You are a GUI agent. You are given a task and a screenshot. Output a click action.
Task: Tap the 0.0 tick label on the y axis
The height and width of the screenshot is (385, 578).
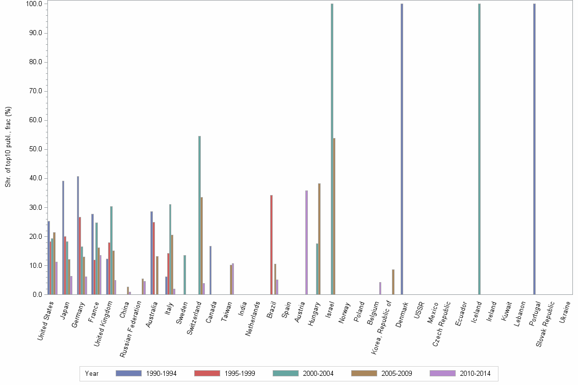pyautogui.click(x=37, y=295)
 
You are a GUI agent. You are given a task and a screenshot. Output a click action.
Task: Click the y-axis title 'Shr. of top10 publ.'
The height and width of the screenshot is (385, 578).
pyautogui.click(x=8, y=147)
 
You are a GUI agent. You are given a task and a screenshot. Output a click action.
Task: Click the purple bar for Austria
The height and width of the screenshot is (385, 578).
pyautogui.click(x=306, y=242)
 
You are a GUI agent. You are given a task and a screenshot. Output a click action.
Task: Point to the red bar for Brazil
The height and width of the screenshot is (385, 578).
pyautogui.click(x=271, y=244)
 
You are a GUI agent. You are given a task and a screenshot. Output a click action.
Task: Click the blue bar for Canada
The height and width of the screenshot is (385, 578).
pyautogui.click(x=211, y=270)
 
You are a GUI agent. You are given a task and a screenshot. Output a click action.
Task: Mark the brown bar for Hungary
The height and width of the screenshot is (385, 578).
pyautogui.click(x=319, y=239)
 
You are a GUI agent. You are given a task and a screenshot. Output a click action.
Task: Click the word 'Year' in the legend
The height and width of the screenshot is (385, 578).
pyautogui.click(x=92, y=374)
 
